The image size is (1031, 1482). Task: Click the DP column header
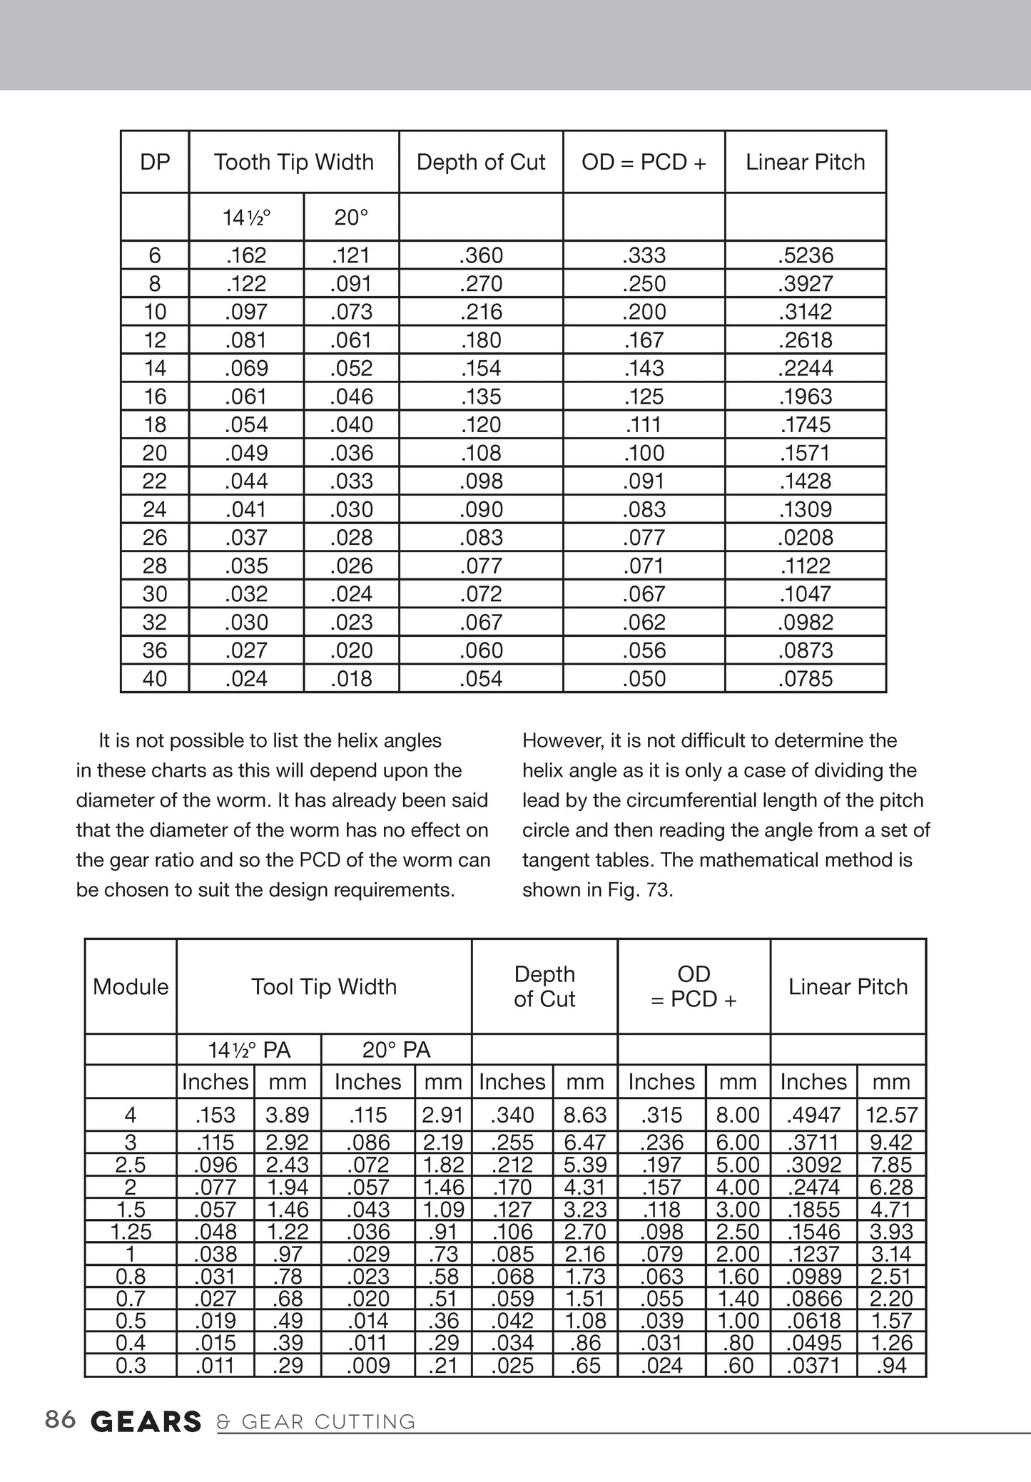pyautogui.click(x=155, y=162)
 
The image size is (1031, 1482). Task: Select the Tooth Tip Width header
pyautogui.click(x=293, y=162)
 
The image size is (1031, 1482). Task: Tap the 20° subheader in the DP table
pyautogui.click(x=351, y=217)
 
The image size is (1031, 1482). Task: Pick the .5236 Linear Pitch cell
pyautogui.click(x=805, y=255)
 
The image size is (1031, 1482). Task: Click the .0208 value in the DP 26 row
pyautogui.click(x=805, y=537)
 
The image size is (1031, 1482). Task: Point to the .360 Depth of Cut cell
pyautogui.click(x=481, y=255)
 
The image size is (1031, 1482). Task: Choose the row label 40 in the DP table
pyautogui.click(x=155, y=678)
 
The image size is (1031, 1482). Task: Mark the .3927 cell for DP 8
pyautogui.click(x=805, y=283)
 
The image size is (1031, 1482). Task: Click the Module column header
pyautogui.click(x=131, y=986)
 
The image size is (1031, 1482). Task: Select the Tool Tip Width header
pyautogui.click(x=323, y=986)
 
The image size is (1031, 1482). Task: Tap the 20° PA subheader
pyautogui.click(x=396, y=1050)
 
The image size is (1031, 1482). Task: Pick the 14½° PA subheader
pyautogui.click(x=249, y=1050)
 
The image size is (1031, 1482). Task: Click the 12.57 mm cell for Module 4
pyautogui.click(x=891, y=1115)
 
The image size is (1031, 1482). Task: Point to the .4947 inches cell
pyautogui.click(x=813, y=1115)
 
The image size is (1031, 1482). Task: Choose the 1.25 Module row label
pyautogui.click(x=131, y=1232)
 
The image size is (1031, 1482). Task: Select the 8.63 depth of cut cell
pyautogui.click(x=585, y=1115)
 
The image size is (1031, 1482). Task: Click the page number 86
pyautogui.click(x=60, y=1420)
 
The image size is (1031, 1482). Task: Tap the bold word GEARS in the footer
pyautogui.click(x=146, y=1421)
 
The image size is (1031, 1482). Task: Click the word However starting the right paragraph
pyautogui.click(x=563, y=740)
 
